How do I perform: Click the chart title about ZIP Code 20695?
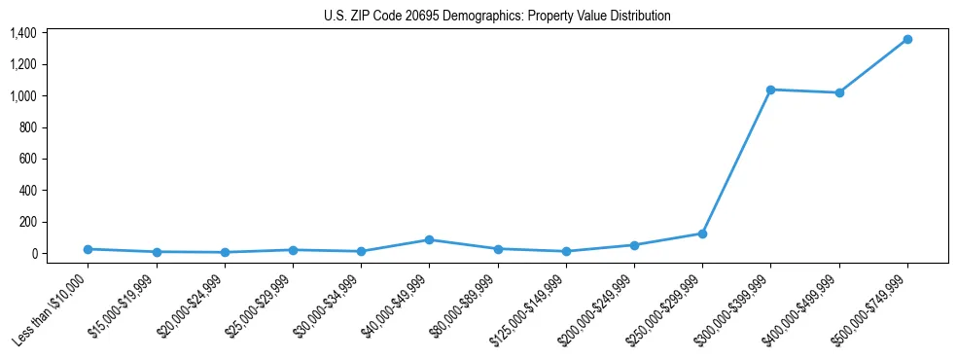point(497,17)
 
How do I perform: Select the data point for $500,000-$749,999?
point(907,39)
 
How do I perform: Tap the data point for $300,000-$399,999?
point(770,90)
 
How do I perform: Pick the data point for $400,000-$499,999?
point(839,92)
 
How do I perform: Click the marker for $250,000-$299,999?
point(702,234)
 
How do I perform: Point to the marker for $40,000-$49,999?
point(429,239)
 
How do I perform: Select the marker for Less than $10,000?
point(88,249)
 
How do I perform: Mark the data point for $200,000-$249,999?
point(634,245)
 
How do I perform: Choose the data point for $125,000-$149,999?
point(566,251)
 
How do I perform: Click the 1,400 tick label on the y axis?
point(23,33)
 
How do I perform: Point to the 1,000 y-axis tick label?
point(23,96)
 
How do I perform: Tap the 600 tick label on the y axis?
point(28,159)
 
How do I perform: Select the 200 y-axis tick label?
point(28,222)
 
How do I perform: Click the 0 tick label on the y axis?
point(33,253)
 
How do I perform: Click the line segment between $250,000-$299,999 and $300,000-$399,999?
point(736,162)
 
